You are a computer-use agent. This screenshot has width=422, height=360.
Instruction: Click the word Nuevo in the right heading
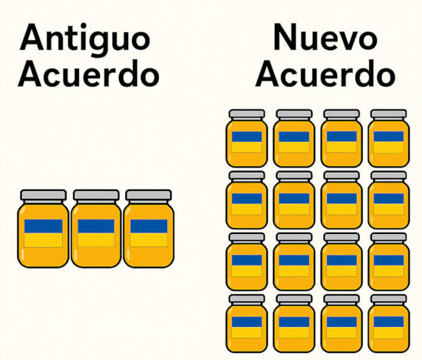coord(325,37)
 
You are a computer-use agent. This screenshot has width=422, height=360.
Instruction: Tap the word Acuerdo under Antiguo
coord(88,74)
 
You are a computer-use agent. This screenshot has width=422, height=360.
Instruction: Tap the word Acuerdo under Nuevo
coord(325,74)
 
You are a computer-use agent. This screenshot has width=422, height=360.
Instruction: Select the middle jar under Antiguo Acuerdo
coord(96,229)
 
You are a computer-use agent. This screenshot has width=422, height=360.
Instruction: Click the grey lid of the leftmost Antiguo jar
coord(43,195)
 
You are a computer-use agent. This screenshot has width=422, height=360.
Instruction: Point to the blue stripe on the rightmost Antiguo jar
coord(149,226)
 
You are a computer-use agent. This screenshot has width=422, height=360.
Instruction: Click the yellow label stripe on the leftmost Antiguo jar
coord(43,240)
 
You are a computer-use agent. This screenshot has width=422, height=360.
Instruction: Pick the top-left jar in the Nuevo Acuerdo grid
coord(247,138)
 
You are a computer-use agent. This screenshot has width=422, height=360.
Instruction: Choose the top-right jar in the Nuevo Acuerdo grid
coord(389,138)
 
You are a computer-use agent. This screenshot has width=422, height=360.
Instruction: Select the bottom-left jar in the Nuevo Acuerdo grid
coord(247,323)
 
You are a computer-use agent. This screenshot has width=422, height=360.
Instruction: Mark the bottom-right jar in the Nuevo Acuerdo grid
coord(389,323)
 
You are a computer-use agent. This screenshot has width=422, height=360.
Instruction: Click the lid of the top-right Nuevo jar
coord(389,114)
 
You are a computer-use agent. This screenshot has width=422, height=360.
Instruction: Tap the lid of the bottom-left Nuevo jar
coord(247,299)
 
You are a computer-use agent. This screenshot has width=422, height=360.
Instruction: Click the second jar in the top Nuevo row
coord(294,138)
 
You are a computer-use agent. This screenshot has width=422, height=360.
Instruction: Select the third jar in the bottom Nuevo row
coord(341,323)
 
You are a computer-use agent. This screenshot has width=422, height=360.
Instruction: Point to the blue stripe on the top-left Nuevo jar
coord(247,137)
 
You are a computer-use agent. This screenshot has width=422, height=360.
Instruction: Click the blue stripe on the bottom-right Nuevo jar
coord(389,322)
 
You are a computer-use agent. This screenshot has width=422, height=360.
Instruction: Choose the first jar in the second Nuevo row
coord(247,200)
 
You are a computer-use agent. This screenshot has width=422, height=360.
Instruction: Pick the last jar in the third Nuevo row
coord(389,262)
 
